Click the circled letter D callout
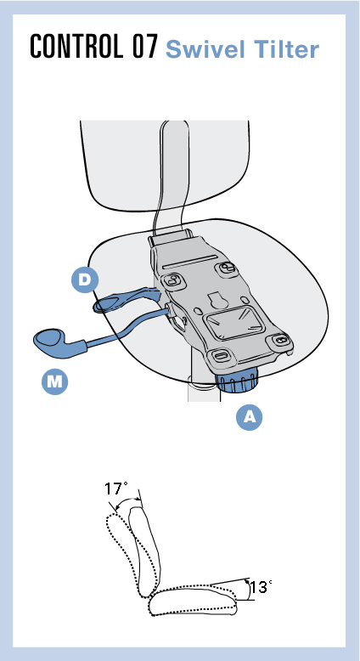coord(85,279)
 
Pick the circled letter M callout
coord(54,381)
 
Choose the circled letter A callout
coord(250,417)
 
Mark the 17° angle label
coord(115,489)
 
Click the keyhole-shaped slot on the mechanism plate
coord(217,302)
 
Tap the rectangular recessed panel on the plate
coord(233,323)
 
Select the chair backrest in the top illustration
coord(165,165)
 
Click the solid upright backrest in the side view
coord(145,548)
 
